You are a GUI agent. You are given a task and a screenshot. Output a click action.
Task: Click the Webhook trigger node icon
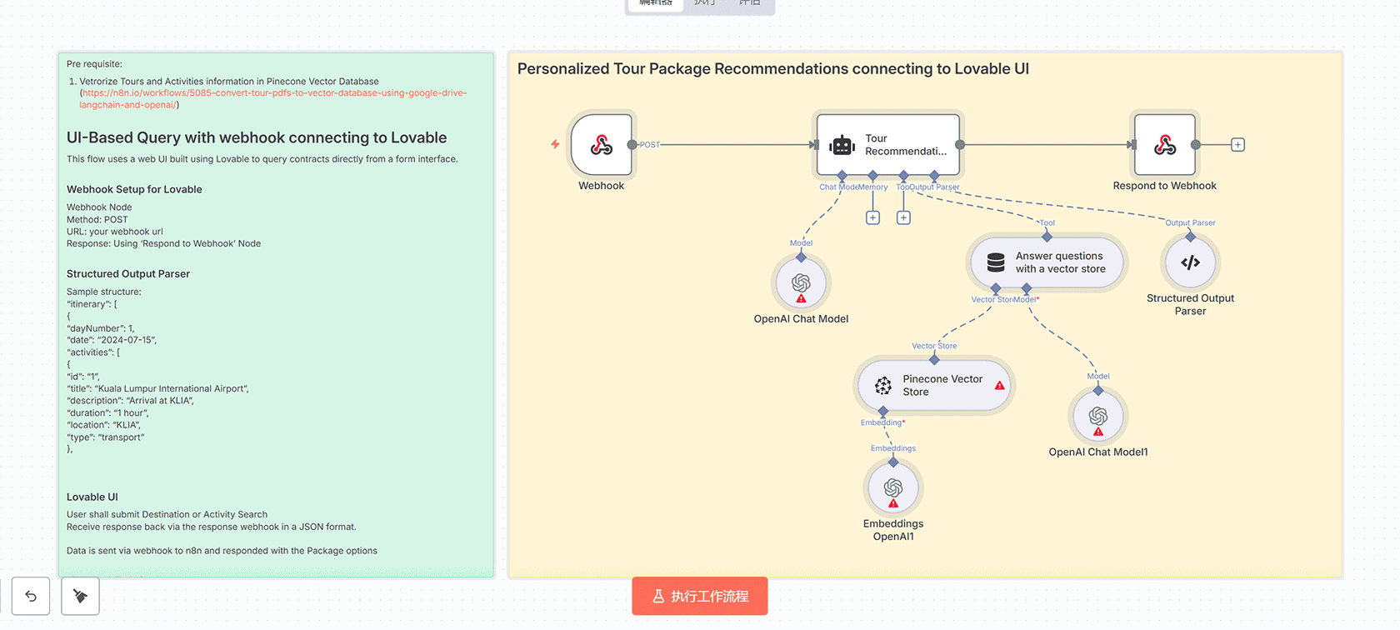coord(602,145)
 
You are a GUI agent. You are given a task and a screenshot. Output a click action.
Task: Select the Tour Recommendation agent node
coord(888,145)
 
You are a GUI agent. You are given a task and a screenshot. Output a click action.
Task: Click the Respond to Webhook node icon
coord(1164,145)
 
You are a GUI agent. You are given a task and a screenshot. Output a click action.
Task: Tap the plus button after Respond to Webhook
coord(1237,145)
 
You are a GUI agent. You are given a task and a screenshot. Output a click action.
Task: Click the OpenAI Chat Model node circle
coord(801,283)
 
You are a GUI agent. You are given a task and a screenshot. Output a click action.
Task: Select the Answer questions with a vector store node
coord(1047,262)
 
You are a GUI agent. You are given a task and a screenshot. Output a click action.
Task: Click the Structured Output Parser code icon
coord(1190,262)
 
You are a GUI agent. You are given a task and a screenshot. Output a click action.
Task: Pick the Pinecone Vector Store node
coord(933,386)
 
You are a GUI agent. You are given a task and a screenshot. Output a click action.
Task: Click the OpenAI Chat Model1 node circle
coord(1097,417)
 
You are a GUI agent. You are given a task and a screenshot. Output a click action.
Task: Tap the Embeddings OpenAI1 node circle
coord(893,488)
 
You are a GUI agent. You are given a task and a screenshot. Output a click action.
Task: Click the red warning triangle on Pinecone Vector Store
coord(999,386)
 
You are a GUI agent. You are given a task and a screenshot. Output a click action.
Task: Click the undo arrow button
coord(31,596)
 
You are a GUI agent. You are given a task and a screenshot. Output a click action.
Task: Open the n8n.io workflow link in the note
coord(273,93)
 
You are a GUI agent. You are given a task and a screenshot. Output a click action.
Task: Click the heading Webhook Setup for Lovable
coord(134,189)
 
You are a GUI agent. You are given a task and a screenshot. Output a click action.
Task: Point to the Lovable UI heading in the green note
coord(92,497)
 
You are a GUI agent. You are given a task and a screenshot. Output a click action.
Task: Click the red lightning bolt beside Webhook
coord(555,144)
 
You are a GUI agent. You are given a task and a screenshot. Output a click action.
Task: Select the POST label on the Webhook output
coord(650,145)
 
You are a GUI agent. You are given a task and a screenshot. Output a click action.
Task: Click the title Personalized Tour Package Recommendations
coord(772,69)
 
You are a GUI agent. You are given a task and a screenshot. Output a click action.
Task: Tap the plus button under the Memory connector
coord(872,217)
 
